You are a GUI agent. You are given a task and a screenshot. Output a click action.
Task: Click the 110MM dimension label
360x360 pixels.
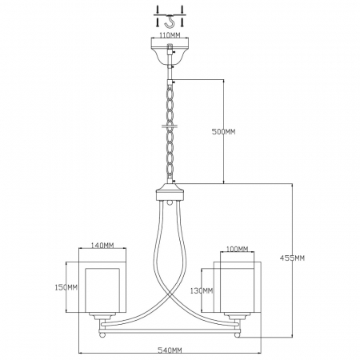pyautogui.click(x=170, y=35)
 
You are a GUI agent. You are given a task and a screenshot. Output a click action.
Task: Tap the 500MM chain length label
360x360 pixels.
pyautogui.click(x=223, y=131)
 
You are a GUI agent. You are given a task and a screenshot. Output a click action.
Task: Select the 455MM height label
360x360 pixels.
pyautogui.click(x=292, y=258)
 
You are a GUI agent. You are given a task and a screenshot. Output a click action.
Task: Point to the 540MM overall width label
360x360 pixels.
pyautogui.click(x=170, y=350)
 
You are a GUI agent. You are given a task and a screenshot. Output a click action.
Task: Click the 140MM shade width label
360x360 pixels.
pyautogui.click(x=102, y=245)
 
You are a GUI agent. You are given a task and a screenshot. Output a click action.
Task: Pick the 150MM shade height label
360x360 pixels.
pyautogui.click(x=66, y=287)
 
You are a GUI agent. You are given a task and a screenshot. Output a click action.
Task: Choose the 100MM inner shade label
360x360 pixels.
pyautogui.click(x=237, y=249)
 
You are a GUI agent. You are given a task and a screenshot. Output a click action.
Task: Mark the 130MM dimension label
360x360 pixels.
pyautogui.click(x=202, y=290)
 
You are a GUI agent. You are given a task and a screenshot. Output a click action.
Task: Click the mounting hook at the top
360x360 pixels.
pyautogui.click(x=169, y=22)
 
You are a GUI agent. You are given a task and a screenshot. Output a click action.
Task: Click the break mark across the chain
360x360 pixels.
pyautogui.click(x=170, y=126)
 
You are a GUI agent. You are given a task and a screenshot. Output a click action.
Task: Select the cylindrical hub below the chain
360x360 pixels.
pyautogui.click(x=170, y=191)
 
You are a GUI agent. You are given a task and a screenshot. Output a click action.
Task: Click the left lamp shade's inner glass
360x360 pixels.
pyautogui.click(x=102, y=290)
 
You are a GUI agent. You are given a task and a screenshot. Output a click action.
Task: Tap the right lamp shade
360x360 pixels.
pyautogui.click(x=238, y=286)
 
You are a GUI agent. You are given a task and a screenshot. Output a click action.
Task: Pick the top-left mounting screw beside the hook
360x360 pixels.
pyautogui.click(x=158, y=10)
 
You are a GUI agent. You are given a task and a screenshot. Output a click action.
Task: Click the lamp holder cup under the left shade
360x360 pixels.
pyautogui.click(x=102, y=316)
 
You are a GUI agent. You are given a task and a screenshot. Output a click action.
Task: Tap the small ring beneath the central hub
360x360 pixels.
pyautogui.click(x=170, y=202)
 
